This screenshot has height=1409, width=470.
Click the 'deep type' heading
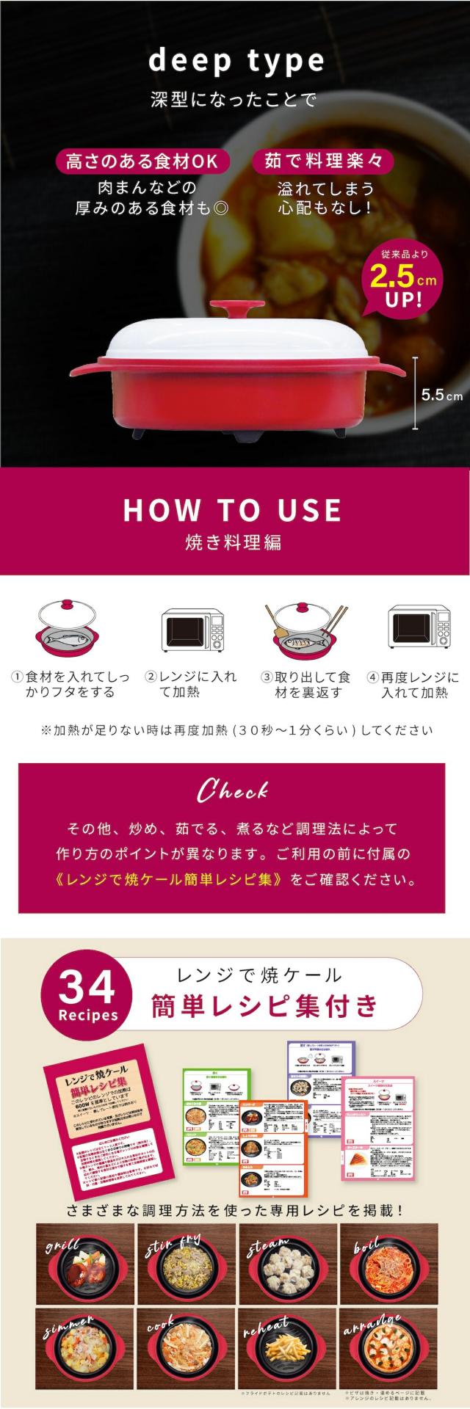235,62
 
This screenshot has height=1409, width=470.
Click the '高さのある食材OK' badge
142,161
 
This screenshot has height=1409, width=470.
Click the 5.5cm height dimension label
441,395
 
